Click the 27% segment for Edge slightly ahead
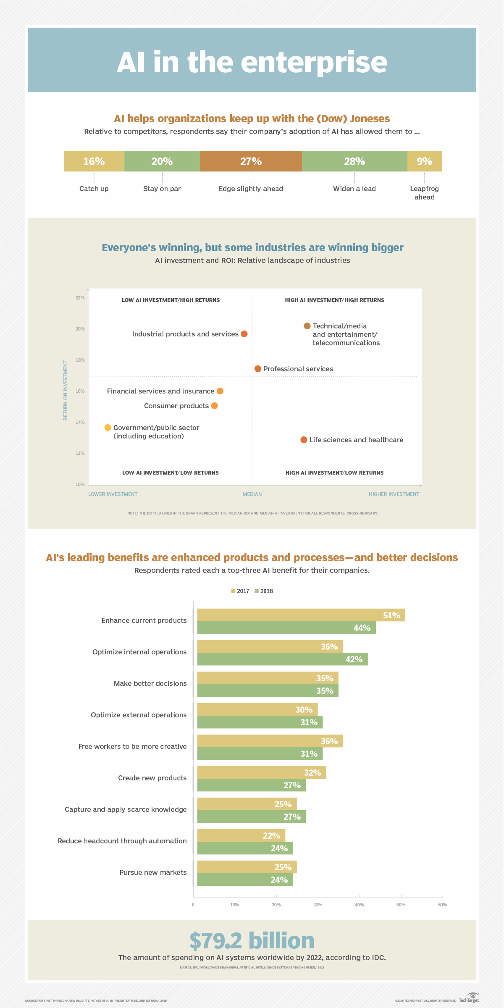pos(251,161)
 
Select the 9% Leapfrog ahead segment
pos(424,161)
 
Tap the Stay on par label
pos(162,189)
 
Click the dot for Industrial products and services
pos(244,334)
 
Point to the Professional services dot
pos(258,369)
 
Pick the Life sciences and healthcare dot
pos(304,440)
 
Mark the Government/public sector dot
pos(108,428)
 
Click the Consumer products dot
pos(215,406)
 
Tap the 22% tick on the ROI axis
pos(80,298)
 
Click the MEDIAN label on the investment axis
pos(252,494)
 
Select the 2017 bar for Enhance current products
pos(301,615)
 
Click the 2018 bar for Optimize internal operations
pos(282,659)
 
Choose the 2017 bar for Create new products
pos(261,772)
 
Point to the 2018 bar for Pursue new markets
pos(245,879)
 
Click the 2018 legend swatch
pos(257,591)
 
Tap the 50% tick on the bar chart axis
pos(401,905)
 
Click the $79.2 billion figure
pos(252,941)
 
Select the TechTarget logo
pos(469,998)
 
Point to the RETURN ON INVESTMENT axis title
pos(66,390)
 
